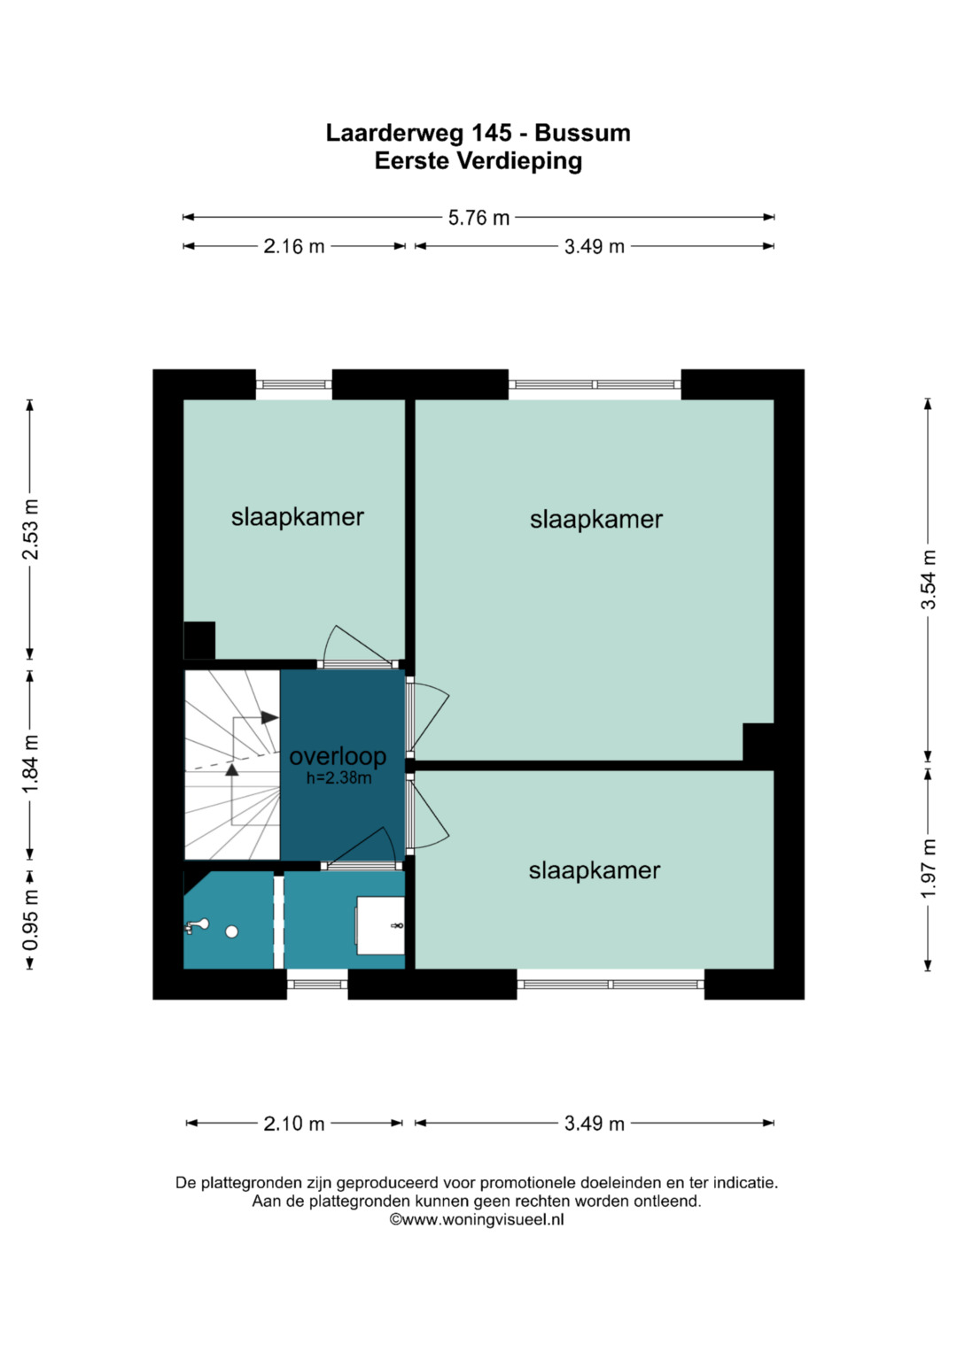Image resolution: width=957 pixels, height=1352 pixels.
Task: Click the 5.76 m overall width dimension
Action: tap(478, 217)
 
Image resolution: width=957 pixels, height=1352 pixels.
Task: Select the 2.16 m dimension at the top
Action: tap(294, 246)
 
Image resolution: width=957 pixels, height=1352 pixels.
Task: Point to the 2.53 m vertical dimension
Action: tap(30, 529)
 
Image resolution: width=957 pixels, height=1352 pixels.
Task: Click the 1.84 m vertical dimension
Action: tap(30, 765)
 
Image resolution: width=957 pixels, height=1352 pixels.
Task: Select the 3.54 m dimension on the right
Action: tap(928, 580)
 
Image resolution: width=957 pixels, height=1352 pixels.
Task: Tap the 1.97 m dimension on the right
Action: tap(928, 869)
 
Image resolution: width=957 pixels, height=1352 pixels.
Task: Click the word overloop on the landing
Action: tap(338, 756)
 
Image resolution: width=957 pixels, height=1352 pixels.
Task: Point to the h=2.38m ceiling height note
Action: tap(338, 778)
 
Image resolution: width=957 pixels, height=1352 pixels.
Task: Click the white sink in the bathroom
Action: tap(380, 925)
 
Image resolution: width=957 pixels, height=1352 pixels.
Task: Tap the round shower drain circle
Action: tap(231, 932)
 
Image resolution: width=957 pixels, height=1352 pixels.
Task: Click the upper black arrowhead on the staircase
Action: tap(269, 718)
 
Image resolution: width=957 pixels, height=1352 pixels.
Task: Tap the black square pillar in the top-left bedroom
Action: tap(199, 640)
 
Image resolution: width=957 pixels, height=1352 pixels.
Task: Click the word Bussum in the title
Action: tap(582, 133)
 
